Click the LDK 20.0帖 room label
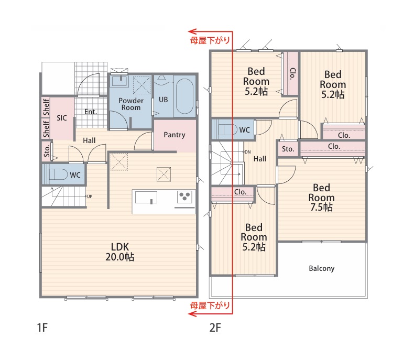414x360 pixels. coord(120,252)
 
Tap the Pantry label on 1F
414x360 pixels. coord(175,135)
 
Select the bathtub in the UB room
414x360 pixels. coord(185,96)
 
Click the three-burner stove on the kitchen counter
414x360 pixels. coord(184,197)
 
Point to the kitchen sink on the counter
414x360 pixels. coord(146,198)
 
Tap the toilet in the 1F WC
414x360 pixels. coord(58,174)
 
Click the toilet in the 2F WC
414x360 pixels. coord(227,129)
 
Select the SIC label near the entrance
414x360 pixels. coord(62,118)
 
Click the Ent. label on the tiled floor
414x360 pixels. coord(91,112)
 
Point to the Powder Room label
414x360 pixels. coord(131,104)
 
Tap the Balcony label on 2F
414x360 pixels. coord(322,268)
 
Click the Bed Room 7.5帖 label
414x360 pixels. coord(321,198)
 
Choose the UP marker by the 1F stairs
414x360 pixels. coord(90,197)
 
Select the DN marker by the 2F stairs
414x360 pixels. coord(248,152)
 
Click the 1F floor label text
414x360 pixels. coord(42,328)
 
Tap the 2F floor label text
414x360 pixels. coord(215,328)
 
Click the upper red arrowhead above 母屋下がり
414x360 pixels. coord(192,31)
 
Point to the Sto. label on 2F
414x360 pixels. coord(288,149)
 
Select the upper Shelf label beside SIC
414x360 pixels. coord(46,107)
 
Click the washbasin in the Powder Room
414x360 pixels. coord(120,81)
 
